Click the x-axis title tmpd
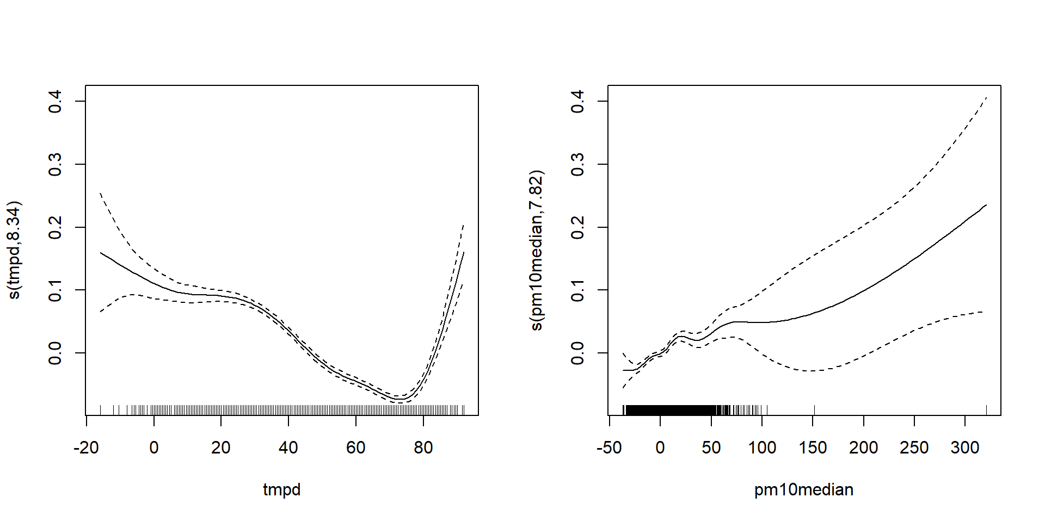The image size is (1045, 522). (281, 490)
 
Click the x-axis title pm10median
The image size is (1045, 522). (803, 490)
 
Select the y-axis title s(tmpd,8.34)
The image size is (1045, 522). (14, 250)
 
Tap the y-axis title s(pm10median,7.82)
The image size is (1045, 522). (537, 250)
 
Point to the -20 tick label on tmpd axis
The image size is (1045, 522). (86, 448)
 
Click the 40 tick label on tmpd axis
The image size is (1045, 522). (288, 448)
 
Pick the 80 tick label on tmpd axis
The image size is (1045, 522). (423, 448)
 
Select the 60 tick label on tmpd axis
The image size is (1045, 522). (356, 448)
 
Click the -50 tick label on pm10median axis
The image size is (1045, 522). (609, 448)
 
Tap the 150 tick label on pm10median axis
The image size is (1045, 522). (813, 448)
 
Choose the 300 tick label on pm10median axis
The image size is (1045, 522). (965, 448)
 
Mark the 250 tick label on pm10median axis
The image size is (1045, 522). (914, 448)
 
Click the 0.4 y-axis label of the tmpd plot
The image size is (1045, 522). (56, 101)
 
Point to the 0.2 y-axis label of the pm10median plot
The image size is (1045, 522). (578, 227)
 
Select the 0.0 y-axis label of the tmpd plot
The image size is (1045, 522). (56, 353)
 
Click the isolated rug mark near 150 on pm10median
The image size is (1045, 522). (815, 410)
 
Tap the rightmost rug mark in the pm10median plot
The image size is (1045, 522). (986, 410)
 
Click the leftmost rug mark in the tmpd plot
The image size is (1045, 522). (101, 410)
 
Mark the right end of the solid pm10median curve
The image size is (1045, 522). (986, 205)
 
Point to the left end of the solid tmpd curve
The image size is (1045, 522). (101, 252)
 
